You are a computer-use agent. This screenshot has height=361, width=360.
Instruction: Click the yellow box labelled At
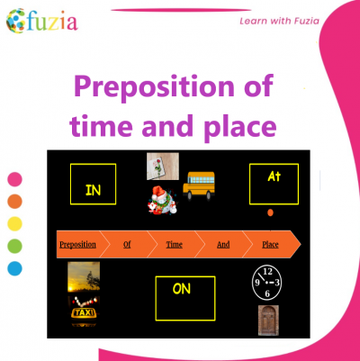(274, 184)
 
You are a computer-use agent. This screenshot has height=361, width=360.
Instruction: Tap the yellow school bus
(200, 187)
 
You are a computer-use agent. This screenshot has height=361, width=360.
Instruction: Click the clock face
(267, 284)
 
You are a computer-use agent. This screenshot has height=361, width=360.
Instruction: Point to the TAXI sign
(85, 313)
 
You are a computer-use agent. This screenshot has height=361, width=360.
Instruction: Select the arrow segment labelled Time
(175, 244)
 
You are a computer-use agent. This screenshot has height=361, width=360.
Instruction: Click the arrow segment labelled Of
(127, 244)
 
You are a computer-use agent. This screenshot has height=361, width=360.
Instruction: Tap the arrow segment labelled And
(223, 244)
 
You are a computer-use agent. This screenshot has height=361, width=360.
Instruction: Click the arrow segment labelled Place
(271, 244)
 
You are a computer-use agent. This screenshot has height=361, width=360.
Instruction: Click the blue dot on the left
(14, 267)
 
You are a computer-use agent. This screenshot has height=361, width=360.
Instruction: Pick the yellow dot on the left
(14, 223)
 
